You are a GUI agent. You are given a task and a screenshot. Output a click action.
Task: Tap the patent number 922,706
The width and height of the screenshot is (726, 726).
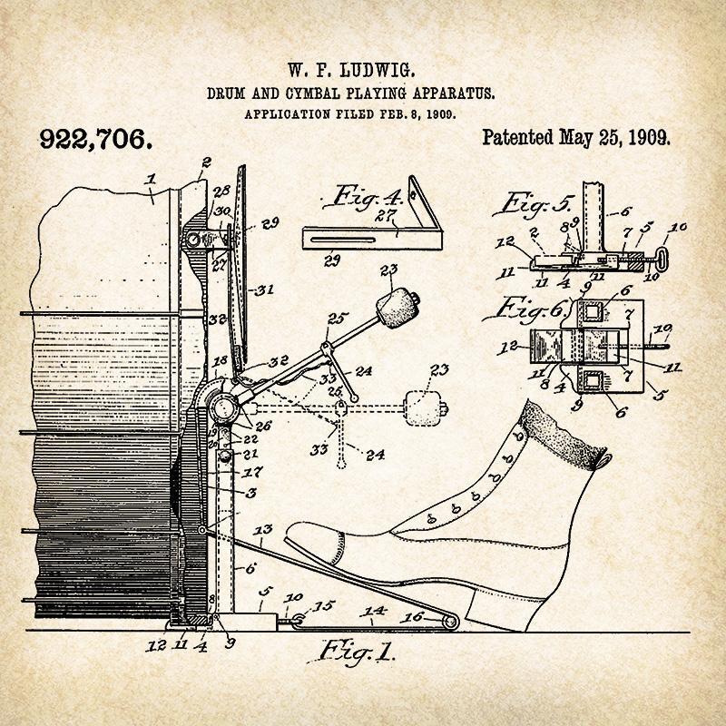coord(94,139)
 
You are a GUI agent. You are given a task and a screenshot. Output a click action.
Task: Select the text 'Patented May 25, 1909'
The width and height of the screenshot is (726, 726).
coord(575,138)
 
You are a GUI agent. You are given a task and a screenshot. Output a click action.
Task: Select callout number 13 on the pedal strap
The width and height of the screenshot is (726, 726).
coord(263,529)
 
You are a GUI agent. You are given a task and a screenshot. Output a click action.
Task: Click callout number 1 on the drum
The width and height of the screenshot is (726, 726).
coord(152,179)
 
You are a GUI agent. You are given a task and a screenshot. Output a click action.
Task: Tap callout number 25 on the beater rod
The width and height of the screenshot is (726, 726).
coord(337,318)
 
